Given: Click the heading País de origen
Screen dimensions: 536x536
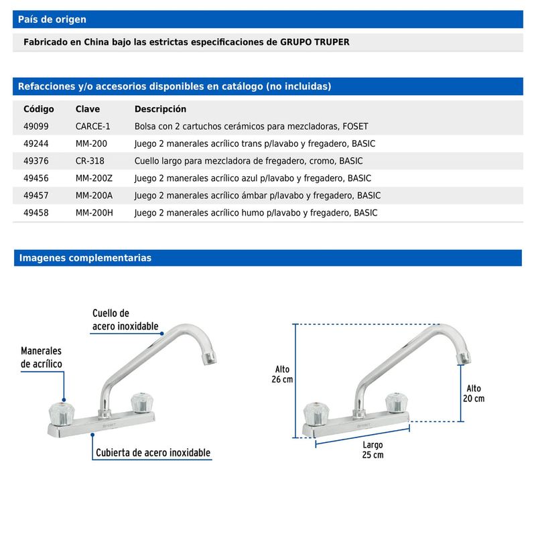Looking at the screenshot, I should pos(52,19).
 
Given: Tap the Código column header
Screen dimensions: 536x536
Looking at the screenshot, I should pos(39,109).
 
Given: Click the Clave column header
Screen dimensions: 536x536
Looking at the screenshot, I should pos(88,109).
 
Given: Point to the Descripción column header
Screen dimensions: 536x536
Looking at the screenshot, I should pos(160,109).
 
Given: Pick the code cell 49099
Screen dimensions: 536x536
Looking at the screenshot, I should pos(36,126).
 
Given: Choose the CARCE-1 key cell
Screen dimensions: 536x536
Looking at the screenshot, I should pos(93,126).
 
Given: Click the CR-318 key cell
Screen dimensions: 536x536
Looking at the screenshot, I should pos(90,161).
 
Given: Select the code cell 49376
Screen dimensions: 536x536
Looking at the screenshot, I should pos(36,161).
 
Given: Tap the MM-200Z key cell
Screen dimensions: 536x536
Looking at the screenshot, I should pos(94,178).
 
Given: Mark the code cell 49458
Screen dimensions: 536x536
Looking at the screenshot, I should pos(36,213).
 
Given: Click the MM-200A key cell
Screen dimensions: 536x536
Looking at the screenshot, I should pos(94,196).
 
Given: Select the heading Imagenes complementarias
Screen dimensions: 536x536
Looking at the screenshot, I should pos(85,258).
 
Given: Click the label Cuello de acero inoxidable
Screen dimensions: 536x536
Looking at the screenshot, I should pos(125,320).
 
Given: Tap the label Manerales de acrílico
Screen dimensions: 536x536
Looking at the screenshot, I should pos(42,358).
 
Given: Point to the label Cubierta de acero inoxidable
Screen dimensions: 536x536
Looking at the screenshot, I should pos(153,453).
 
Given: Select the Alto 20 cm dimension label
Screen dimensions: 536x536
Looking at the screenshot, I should pos(474,393).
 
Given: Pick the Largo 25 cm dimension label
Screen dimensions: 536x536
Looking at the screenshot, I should pos(373,450).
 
